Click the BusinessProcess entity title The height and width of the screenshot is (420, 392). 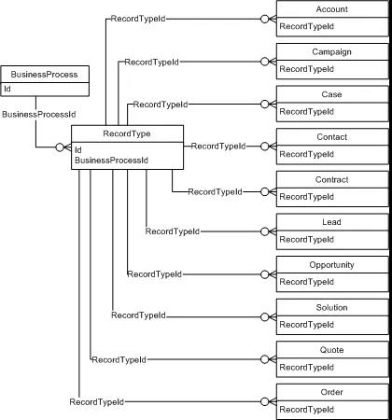click(x=44, y=75)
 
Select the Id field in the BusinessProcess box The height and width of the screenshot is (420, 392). click(x=7, y=89)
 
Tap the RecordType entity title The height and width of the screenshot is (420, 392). click(x=127, y=133)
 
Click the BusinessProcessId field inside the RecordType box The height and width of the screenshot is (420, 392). click(x=111, y=161)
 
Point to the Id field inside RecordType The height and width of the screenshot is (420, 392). click(x=78, y=150)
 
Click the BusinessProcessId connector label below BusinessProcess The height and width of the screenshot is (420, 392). click(x=39, y=115)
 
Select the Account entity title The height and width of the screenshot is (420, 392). click(x=332, y=9)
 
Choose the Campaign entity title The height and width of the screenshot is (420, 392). click(x=332, y=52)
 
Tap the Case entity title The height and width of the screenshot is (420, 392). click(x=332, y=94)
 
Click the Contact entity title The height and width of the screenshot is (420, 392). click(x=332, y=137)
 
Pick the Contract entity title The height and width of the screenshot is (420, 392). click(x=332, y=180)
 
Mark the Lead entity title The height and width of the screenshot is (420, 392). click(x=332, y=222)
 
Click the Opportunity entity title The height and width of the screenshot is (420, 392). click(x=332, y=265)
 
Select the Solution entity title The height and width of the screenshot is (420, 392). click(x=332, y=308)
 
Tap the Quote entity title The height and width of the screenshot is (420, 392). click(x=332, y=350)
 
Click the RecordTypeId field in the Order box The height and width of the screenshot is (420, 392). click(x=307, y=410)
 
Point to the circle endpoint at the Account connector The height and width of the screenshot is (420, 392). click(x=264, y=19)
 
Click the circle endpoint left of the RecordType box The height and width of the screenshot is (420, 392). click(x=60, y=147)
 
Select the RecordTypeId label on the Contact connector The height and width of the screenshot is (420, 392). click(x=218, y=147)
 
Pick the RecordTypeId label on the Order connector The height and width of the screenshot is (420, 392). click(x=97, y=402)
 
